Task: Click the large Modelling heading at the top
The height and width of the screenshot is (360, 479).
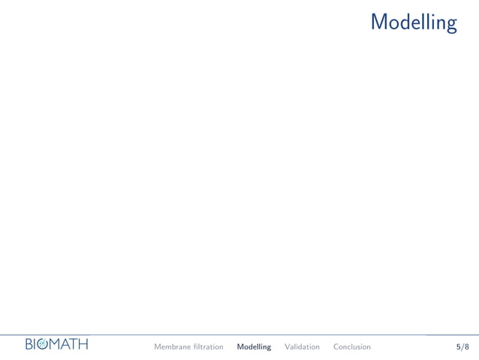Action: (x=414, y=22)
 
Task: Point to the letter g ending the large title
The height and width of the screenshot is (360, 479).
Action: (x=450, y=24)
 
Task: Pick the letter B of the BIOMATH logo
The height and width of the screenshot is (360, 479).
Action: (x=30, y=344)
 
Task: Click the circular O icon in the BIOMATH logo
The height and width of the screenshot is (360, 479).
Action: (x=43, y=344)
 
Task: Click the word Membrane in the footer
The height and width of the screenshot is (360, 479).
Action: (x=172, y=346)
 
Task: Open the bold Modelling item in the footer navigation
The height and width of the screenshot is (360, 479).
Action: (x=254, y=346)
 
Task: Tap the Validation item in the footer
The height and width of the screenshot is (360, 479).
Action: (x=302, y=346)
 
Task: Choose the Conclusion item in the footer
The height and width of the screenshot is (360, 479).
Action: (x=351, y=346)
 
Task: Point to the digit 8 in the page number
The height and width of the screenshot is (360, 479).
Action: (x=467, y=346)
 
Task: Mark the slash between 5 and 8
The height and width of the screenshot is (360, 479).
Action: (x=462, y=346)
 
